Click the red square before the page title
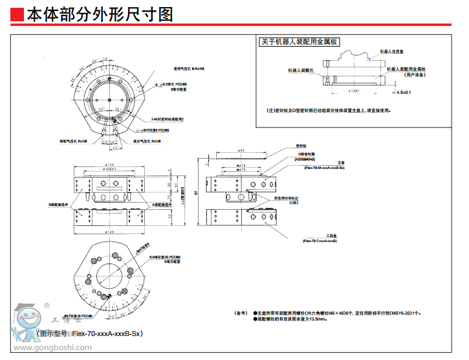tap(17, 14)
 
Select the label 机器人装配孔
tap(301, 69)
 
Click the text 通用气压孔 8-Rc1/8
tap(189, 68)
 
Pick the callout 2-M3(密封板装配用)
tap(168, 119)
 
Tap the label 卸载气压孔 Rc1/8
tap(73, 140)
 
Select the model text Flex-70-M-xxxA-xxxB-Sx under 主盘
tap(323, 167)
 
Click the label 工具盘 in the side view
tap(329, 236)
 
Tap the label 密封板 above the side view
tap(300, 146)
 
